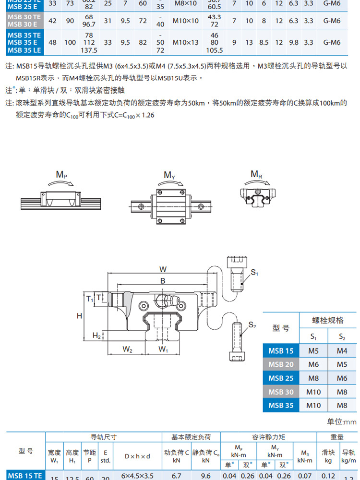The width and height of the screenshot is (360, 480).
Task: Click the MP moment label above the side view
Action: [x=61, y=174]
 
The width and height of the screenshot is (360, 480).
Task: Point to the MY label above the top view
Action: [x=169, y=175]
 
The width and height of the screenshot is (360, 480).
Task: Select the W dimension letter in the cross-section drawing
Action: [x=163, y=269]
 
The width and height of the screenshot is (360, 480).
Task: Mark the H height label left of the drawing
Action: [x=80, y=315]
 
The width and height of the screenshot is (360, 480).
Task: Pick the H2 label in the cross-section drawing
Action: [x=96, y=335]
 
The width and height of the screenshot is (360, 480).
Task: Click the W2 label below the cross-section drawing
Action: [x=127, y=349]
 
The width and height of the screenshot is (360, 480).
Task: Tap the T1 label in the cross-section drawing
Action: [x=90, y=299]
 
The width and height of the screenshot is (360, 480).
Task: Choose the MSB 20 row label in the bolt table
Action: [x=281, y=364]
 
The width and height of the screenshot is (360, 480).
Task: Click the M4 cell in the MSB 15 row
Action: [x=342, y=351]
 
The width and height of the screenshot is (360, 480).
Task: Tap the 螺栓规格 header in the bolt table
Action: [x=327, y=320]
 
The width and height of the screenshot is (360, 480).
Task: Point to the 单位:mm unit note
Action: [x=342, y=422]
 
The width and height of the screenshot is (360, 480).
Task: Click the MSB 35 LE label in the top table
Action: [x=24, y=50]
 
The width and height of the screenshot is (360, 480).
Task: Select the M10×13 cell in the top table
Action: [x=186, y=42]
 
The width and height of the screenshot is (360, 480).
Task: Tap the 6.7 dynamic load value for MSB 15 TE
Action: [x=177, y=476]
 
